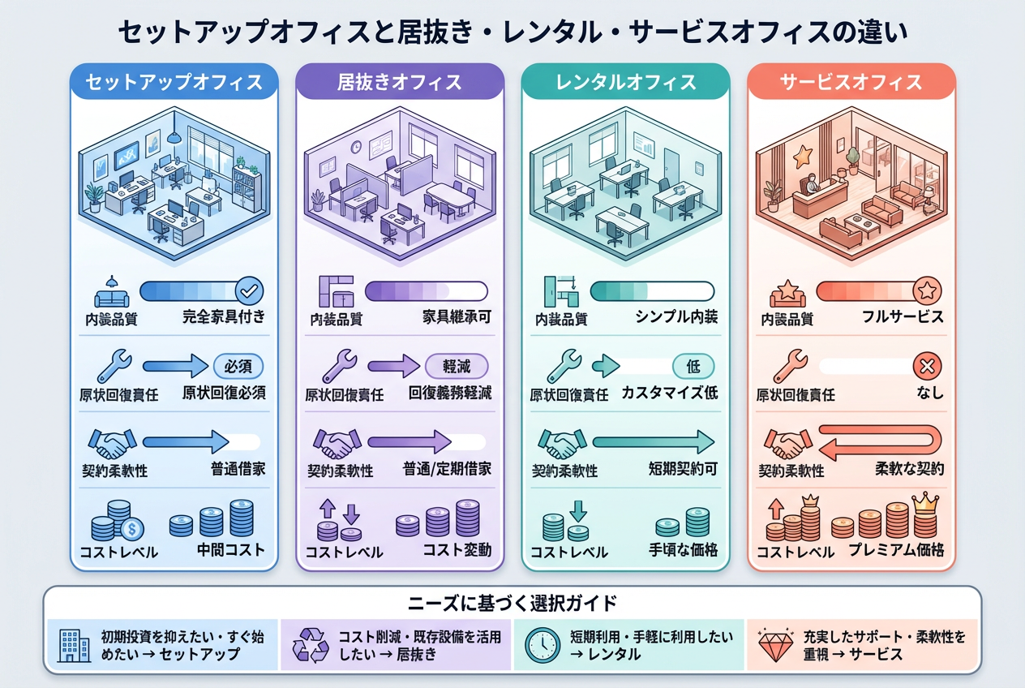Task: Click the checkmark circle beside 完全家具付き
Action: [250, 290]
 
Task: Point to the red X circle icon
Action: [927, 366]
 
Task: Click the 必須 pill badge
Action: [238, 366]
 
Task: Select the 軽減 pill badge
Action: [457, 366]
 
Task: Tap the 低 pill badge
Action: [693, 366]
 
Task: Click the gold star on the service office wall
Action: [803, 156]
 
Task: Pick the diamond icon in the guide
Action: [775, 645]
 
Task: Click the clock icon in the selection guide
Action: [543, 646]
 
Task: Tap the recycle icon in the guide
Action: [311, 646]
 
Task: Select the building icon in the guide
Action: [73, 646]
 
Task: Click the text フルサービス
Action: [903, 316]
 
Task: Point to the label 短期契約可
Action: [683, 469]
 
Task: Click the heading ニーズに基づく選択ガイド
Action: [512, 604]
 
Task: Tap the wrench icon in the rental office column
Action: [564, 366]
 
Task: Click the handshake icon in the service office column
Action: [788, 443]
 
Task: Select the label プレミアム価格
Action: [896, 550]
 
